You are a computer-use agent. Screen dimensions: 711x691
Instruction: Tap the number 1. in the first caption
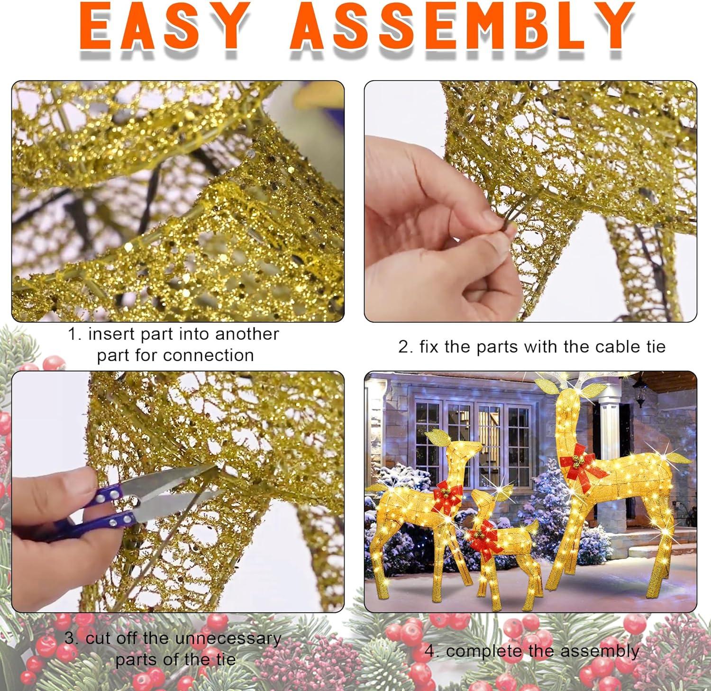coord(76,334)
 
